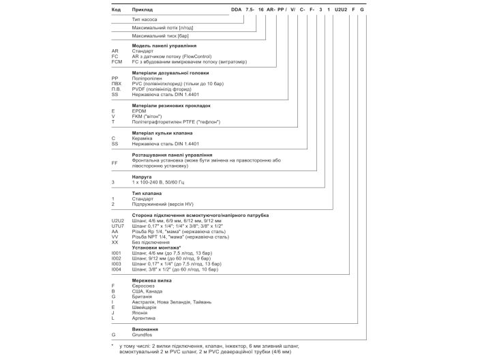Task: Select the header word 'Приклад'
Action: (x=143, y=10)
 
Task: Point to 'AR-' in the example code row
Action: (x=271, y=10)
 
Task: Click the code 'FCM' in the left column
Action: (x=117, y=62)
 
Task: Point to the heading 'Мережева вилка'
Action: (x=152, y=280)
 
